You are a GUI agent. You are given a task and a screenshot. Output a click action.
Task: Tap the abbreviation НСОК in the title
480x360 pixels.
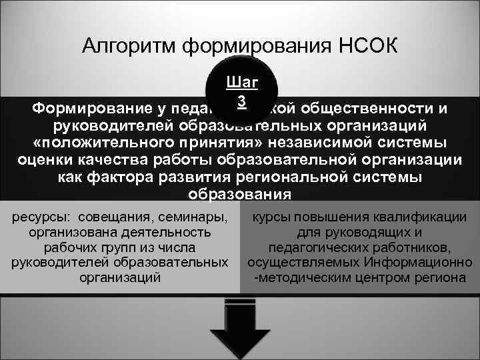368,47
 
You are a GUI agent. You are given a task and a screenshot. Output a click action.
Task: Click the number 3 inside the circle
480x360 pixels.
243,100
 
